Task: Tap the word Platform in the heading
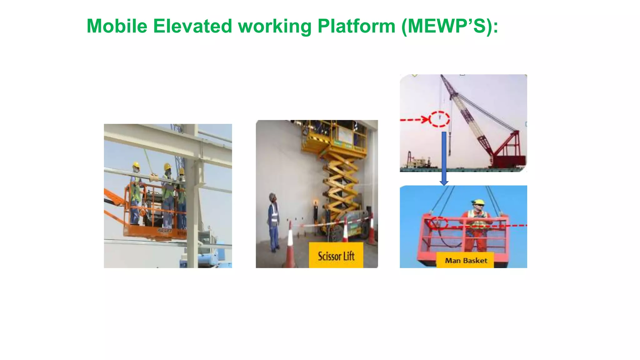(357, 26)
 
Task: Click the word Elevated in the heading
(192, 26)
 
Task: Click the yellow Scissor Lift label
(336, 256)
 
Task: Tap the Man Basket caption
(466, 261)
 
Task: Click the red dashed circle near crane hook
(439, 119)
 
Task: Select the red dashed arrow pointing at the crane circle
(414, 120)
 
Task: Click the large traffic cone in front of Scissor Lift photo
(290, 247)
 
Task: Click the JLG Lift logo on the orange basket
(165, 231)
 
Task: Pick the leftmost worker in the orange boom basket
(135, 194)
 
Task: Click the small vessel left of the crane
(417, 163)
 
